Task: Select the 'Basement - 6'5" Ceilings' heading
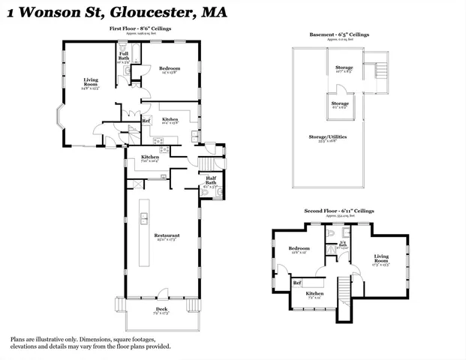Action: (x=339, y=34)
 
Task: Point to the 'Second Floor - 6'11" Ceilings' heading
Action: (x=339, y=212)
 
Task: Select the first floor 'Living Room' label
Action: (x=91, y=82)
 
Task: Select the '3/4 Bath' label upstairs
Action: (x=344, y=244)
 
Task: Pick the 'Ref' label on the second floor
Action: (x=298, y=283)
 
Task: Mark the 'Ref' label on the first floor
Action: (x=146, y=121)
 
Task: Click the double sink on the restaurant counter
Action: (x=143, y=218)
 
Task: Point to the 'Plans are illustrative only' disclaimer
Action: (x=90, y=343)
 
